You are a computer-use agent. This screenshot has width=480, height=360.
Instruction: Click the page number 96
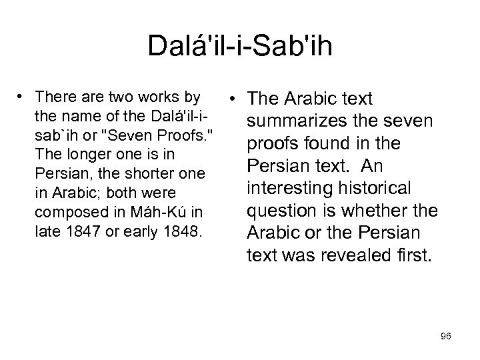point(445,337)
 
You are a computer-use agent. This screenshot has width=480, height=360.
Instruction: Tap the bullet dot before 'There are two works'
point(22,97)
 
